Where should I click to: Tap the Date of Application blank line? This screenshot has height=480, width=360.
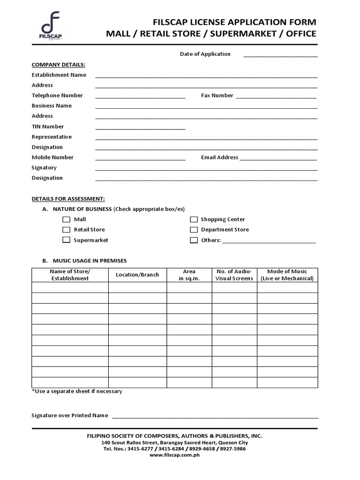280,55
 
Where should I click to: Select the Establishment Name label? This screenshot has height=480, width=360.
59,75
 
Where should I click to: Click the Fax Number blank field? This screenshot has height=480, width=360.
276,97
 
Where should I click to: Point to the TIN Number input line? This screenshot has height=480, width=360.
140,127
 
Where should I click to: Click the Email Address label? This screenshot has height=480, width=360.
219,157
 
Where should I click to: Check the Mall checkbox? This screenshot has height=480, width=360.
66,219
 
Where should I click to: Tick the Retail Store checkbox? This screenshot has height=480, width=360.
66,230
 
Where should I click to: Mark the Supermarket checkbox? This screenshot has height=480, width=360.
66,240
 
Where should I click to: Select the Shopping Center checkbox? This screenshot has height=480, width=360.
194,219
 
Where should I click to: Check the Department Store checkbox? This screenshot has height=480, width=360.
194,230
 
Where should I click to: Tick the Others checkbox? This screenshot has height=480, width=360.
194,240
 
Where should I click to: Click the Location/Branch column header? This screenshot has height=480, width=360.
137,275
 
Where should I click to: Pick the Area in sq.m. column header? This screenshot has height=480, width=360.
189,275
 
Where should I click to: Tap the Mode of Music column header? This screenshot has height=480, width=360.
287,275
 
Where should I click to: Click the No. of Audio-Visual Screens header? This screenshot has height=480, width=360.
234,275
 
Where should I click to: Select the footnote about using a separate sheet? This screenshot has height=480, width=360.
77,391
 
